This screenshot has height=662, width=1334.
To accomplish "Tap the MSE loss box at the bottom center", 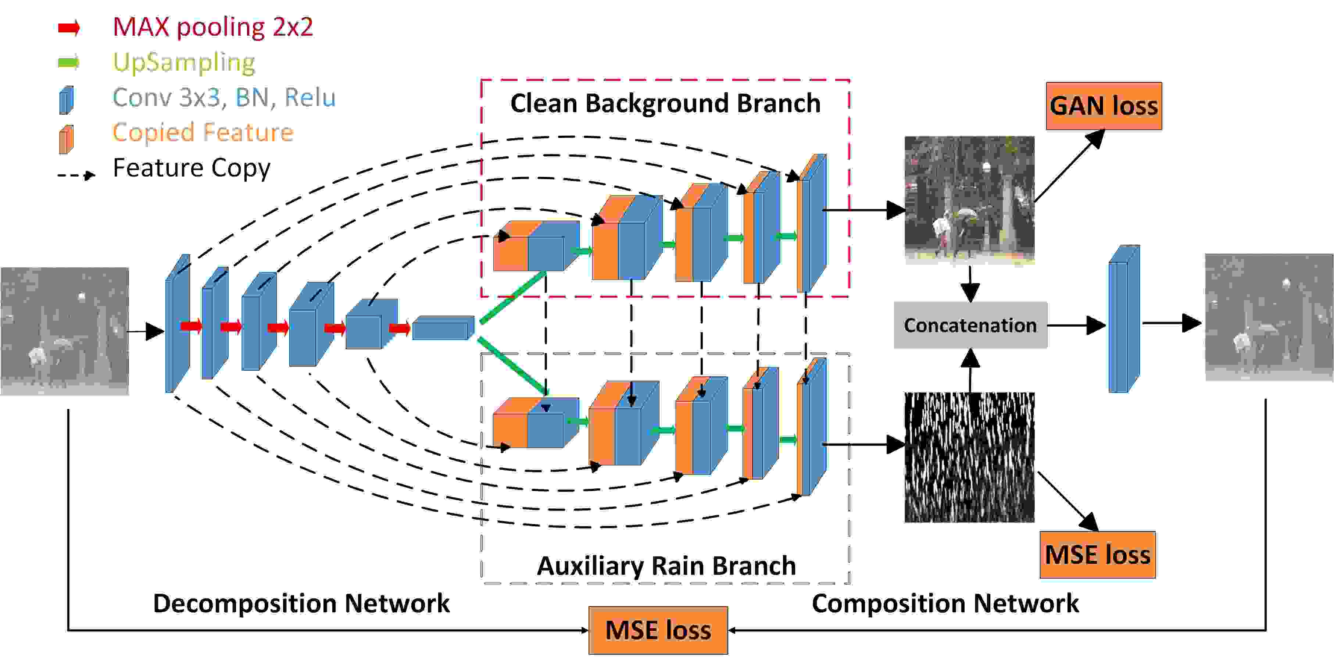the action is pos(658,630).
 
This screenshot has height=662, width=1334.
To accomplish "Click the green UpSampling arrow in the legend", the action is pos(69,63).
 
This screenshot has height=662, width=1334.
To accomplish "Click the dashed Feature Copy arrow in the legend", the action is pos(76,175).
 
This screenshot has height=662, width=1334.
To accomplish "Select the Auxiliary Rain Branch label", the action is pos(666,566).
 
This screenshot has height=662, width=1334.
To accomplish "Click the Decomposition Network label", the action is pos(301,604).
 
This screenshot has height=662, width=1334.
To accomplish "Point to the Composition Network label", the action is pos(945,604).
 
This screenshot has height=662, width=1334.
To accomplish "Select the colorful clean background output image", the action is pos(969,200).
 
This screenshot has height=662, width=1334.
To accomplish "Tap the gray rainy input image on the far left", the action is pos(65,331).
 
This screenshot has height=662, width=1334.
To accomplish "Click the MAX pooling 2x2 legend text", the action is pos(213,27).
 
